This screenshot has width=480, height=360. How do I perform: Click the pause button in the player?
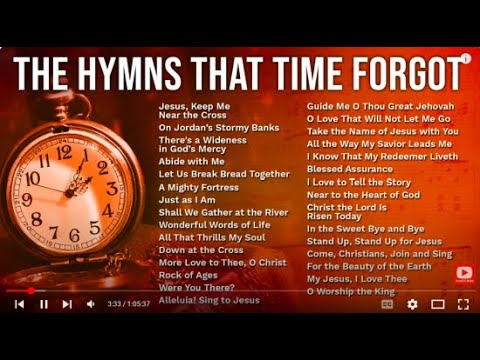44,304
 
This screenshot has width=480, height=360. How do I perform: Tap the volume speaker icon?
90,304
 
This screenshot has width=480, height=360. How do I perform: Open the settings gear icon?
412,304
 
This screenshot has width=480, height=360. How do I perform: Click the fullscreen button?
463,304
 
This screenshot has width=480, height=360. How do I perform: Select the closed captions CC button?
387,304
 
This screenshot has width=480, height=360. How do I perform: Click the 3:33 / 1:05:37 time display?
128,304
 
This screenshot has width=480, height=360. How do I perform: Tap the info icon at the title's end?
465,59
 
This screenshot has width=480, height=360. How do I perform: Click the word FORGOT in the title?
398,75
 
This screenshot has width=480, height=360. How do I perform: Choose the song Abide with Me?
191,160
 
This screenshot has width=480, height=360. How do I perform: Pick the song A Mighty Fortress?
199,186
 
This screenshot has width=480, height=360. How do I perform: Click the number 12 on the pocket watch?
64,154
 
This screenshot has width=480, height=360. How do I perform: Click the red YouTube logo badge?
464,272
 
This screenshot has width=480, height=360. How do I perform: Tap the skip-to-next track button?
67,304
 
